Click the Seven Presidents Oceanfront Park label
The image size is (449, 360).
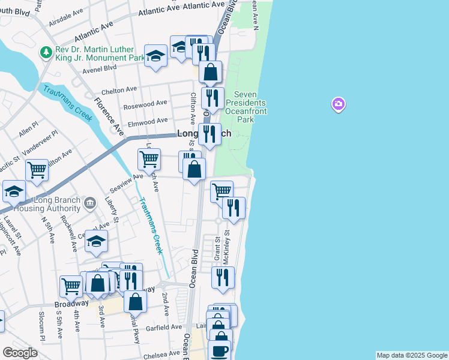coord(246,107)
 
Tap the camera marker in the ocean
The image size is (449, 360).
coord(339,105)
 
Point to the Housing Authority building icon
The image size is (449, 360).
coord(89,203)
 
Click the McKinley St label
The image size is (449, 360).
coord(227,241)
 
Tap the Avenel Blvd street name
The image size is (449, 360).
coord(100,67)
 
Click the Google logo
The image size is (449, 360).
coord(20,353)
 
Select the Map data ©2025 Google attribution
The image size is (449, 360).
coord(411,355)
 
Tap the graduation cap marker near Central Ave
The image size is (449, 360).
coord(96,242)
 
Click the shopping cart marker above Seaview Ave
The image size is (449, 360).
coord(149,160)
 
